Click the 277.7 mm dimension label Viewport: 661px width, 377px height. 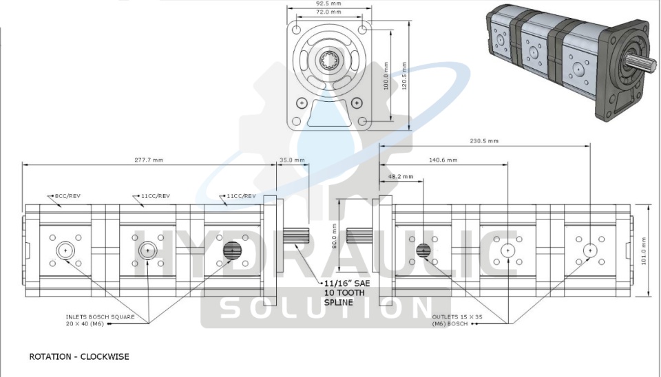click(149, 160)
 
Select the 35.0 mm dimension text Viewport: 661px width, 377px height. click(292, 160)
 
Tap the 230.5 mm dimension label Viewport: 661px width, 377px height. click(484, 141)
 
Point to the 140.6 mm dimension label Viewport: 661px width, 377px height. click(443, 160)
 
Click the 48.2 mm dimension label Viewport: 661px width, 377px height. click(401, 177)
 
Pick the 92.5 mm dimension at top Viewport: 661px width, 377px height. click(329, 3)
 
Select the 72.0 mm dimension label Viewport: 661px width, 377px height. click(329, 12)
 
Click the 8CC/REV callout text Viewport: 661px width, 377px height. click(67, 196)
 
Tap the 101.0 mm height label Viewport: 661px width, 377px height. click(644, 250)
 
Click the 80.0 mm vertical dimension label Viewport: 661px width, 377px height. click(335, 236)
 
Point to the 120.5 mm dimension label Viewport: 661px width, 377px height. click(404, 76)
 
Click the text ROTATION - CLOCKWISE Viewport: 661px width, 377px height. click(79, 357)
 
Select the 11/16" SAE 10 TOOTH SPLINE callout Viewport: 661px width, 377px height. click(347, 293)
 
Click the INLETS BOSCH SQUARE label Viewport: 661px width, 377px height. click(101, 316)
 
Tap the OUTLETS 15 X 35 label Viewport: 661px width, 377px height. click(457, 316)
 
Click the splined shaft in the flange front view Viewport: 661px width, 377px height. click(329, 61)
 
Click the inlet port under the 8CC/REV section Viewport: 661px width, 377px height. click(65, 250)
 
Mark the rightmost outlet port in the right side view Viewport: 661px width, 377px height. click(590, 250)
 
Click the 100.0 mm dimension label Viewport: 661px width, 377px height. click(386, 76)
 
